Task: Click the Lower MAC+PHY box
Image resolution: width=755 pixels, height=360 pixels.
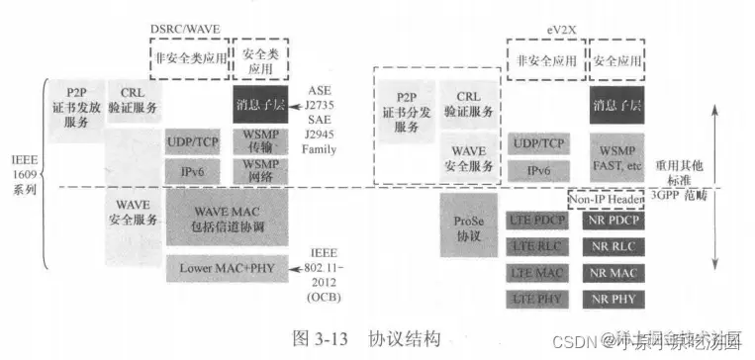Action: pos(227,267)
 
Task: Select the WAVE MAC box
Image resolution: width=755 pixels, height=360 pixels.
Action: pos(227,214)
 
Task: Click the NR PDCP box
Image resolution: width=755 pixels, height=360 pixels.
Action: pos(613,222)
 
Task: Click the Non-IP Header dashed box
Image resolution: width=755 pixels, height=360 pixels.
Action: pos(613,198)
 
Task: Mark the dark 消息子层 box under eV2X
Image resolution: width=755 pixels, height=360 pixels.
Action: pos(613,103)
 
